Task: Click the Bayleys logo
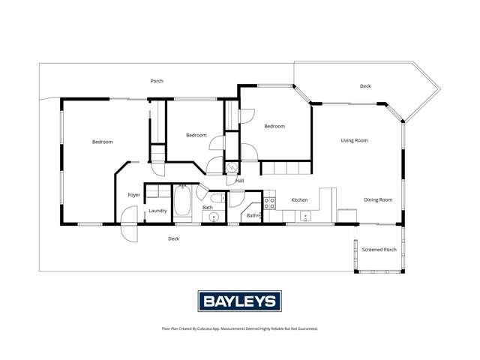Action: click(239, 301)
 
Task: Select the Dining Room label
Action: click(378, 199)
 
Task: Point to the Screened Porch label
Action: click(379, 249)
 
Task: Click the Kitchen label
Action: click(299, 199)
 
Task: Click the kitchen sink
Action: click(305, 217)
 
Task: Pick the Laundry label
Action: click(157, 211)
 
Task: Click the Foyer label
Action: click(133, 195)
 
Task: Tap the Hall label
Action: click(239, 181)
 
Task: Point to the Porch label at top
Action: click(157, 81)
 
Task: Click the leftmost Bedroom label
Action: click(102, 142)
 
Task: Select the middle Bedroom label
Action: click(196, 135)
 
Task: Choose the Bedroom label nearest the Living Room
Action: click(274, 126)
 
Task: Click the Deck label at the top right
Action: click(365, 86)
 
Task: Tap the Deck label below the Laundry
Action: click(173, 238)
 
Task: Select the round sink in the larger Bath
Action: click(214, 217)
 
